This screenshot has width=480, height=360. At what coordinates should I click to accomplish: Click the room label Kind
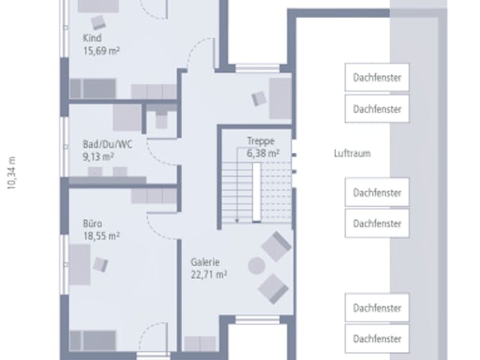92,38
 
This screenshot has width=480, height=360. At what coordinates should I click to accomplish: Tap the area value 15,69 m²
101,50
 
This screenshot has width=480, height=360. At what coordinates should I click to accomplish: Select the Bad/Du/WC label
107,144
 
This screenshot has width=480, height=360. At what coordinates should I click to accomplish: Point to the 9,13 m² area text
98,157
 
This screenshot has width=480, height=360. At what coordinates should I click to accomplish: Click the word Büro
92,223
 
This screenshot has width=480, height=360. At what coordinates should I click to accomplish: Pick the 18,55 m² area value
101,236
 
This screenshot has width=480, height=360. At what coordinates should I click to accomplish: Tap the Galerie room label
205,262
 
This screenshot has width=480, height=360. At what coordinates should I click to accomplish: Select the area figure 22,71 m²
208,274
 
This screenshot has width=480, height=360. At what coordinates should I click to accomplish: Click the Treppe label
261,141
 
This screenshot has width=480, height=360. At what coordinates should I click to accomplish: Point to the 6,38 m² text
263,153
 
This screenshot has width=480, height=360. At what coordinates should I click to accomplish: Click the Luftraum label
352,153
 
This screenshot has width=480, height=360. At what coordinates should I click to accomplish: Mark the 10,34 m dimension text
12,173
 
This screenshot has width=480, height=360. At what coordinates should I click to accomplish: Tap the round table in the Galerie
256,265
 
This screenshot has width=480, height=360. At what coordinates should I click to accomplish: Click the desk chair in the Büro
100,265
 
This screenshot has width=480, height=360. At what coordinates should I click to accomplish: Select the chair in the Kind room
98,22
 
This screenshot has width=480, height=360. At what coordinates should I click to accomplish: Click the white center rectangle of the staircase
256,192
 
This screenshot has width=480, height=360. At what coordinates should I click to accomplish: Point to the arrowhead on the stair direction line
237,220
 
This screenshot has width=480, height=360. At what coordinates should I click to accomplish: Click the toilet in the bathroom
161,119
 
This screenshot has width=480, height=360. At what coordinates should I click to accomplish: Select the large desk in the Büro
79,265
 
